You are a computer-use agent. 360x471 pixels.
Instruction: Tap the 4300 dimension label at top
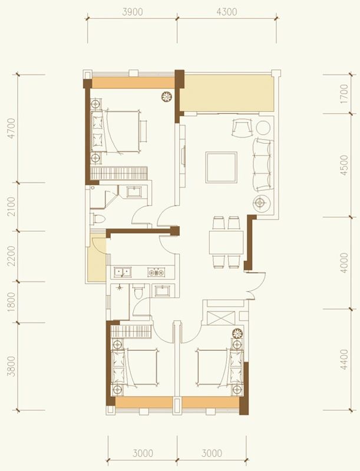pyautogui.click(x=226, y=11)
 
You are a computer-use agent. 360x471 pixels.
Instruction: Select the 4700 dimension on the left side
pyautogui.click(x=11, y=128)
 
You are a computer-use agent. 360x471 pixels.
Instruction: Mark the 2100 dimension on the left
pyautogui.click(x=11, y=206)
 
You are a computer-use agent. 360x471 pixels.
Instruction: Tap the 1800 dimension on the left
pyautogui.click(x=11, y=301)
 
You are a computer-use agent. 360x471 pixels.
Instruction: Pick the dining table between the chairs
pyautogui.click(x=226, y=241)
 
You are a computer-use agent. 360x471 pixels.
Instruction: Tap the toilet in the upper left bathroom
pyautogui.click(x=98, y=219)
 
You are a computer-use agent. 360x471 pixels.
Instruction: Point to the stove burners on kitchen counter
pyautogui.click(x=157, y=272)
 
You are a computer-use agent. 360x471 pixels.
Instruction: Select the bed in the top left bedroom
pyautogui.click(x=121, y=132)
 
